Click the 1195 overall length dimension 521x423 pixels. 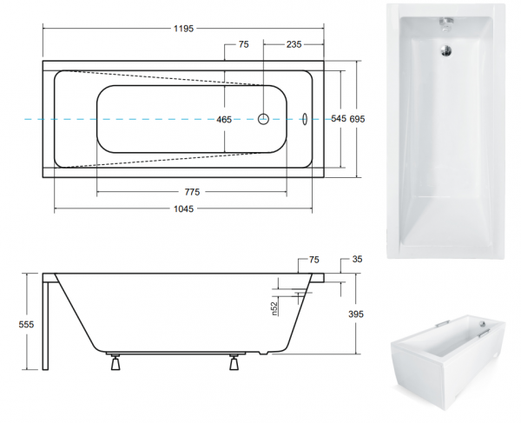tap(183, 29)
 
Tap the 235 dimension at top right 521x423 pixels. tap(293, 44)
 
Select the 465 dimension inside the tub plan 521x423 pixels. tap(224, 119)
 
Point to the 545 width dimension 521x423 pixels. tap(339, 118)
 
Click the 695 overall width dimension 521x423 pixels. tap(357, 119)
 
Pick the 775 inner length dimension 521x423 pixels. tap(192, 192)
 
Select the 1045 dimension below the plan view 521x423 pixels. tap(183, 208)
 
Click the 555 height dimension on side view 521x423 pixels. tap(26, 324)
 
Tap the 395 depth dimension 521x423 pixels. tap(356, 314)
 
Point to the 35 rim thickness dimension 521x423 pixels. tap(357, 259)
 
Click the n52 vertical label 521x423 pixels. tap(274, 308)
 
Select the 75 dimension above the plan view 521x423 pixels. tap(243, 44)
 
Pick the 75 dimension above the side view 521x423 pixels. tap(314, 260)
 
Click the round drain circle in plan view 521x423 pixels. tap(263, 119)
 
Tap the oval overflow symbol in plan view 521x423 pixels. tap(305, 119)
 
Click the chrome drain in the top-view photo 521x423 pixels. tap(446, 51)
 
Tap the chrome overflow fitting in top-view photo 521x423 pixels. tap(446, 23)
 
